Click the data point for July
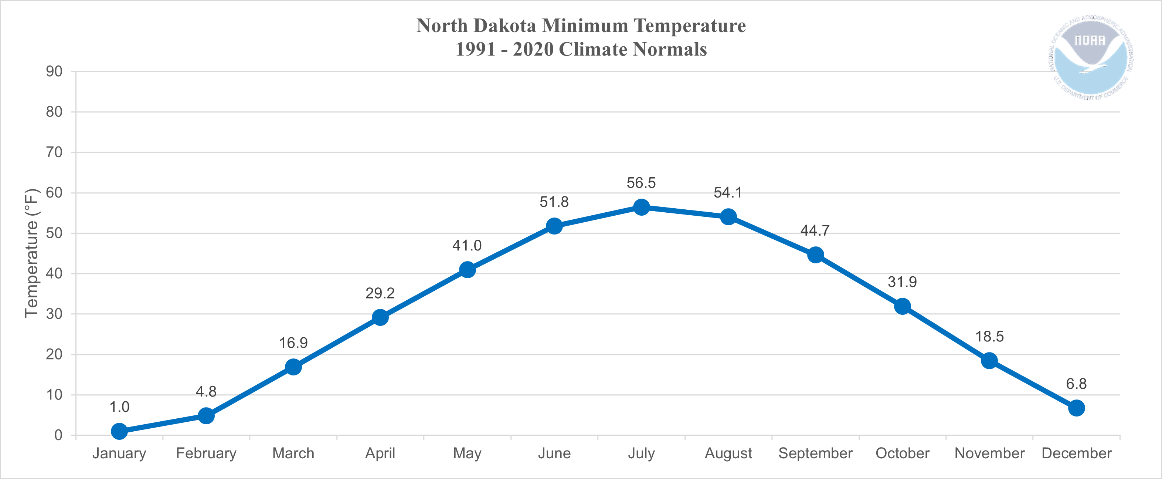pyautogui.click(x=641, y=207)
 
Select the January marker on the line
pyautogui.click(x=119, y=431)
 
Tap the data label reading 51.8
pyautogui.click(x=554, y=202)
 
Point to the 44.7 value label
pyautogui.click(x=815, y=231)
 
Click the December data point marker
pyautogui.click(x=1076, y=408)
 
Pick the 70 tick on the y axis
pyautogui.click(x=54, y=152)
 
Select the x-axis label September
pyautogui.click(x=815, y=453)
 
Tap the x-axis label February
pyautogui.click(x=206, y=453)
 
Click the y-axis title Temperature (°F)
pyautogui.click(x=31, y=253)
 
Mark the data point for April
pyautogui.click(x=380, y=317)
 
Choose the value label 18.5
pyautogui.click(x=989, y=336)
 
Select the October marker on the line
pyautogui.click(x=902, y=307)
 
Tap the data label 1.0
pyautogui.click(x=119, y=407)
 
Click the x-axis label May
pyautogui.click(x=467, y=453)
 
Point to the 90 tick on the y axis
pyautogui.click(x=54, y=71)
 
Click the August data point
pyautogui.click(x=728, y=217)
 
